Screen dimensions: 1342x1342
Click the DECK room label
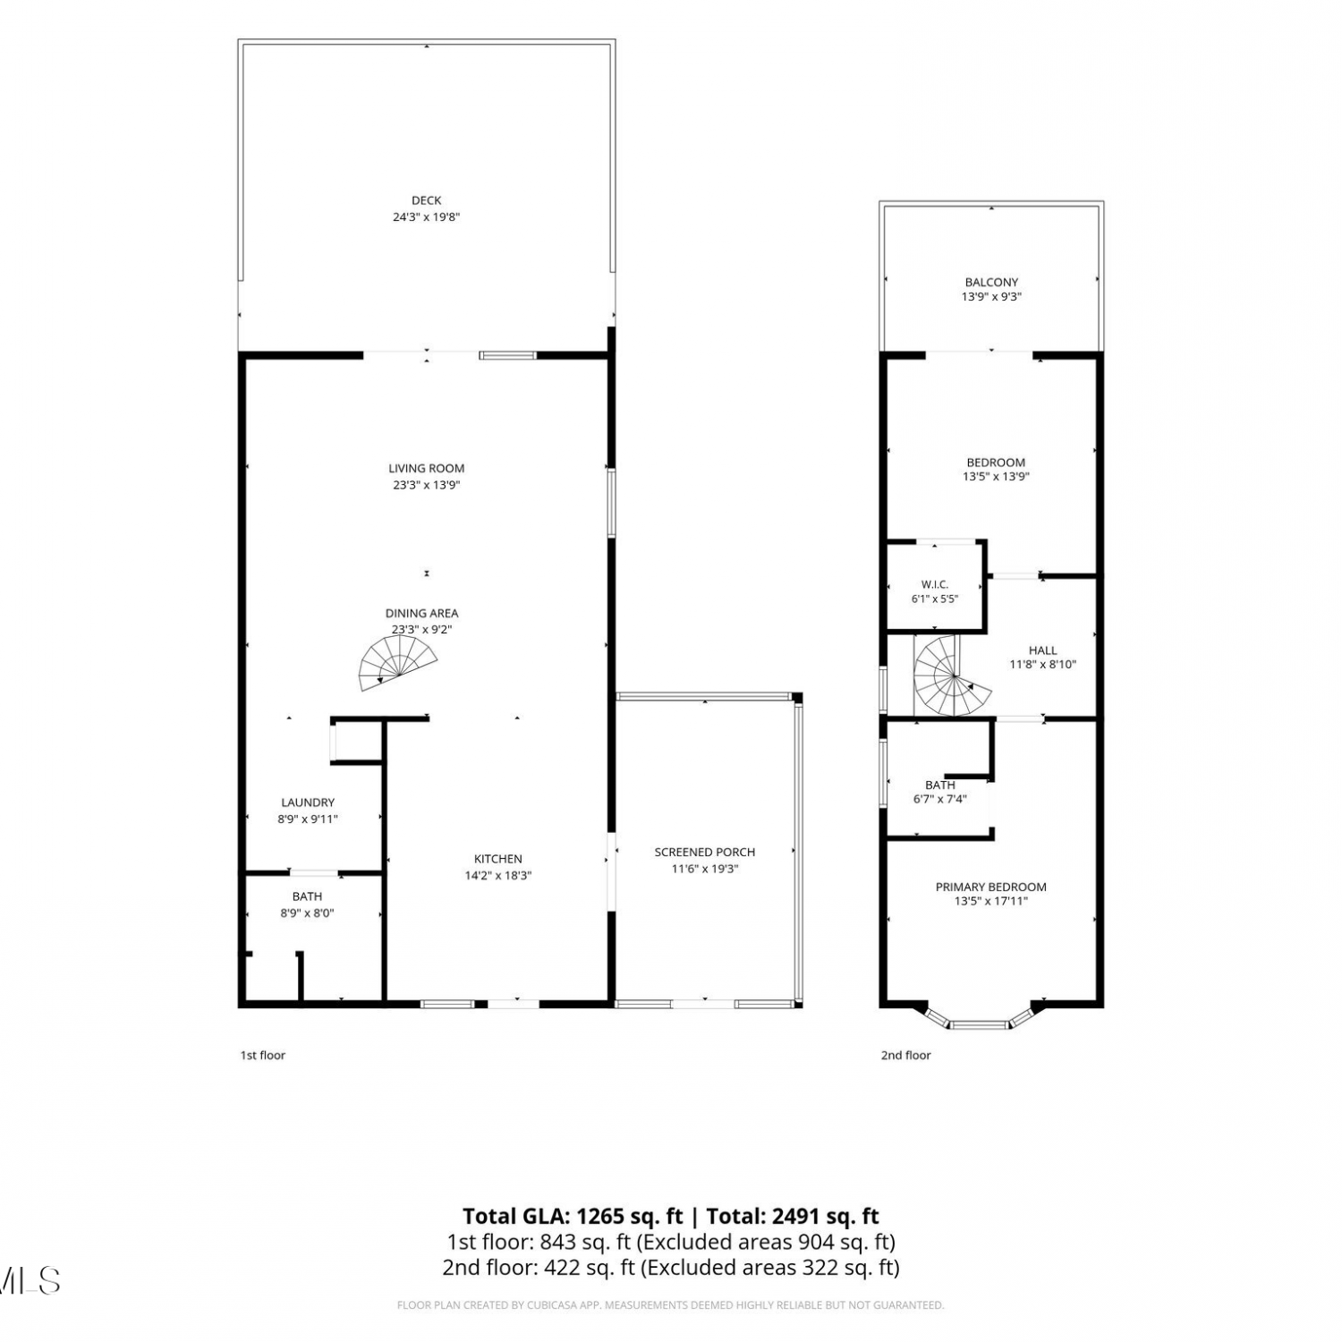tap(427, 200)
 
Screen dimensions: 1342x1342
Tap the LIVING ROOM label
tap(427, 468)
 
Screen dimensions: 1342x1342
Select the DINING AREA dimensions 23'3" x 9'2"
tap(421, 629)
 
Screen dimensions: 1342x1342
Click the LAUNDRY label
tap(308, 803)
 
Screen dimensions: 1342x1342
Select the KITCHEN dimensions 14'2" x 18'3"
tap(497, 875)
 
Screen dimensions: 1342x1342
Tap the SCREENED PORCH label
tap(705, 852)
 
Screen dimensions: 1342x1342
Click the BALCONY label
tap(991, 282)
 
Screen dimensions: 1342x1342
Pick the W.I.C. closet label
tap(935, 584)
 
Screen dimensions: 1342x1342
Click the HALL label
tap(1043, 650)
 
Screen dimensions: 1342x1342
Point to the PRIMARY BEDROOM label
tap(991, 887)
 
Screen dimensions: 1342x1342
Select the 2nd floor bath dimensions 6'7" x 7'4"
tap(940, 799)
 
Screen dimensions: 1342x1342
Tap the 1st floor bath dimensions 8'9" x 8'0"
tap(307, 913)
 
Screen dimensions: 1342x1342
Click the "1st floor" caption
tap(262, 1055)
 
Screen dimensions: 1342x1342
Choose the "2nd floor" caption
tap(905, 1055)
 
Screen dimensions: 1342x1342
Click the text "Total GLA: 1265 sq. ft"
tap(573, 1216)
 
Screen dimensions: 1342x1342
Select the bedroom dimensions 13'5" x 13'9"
tap(996, 477)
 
